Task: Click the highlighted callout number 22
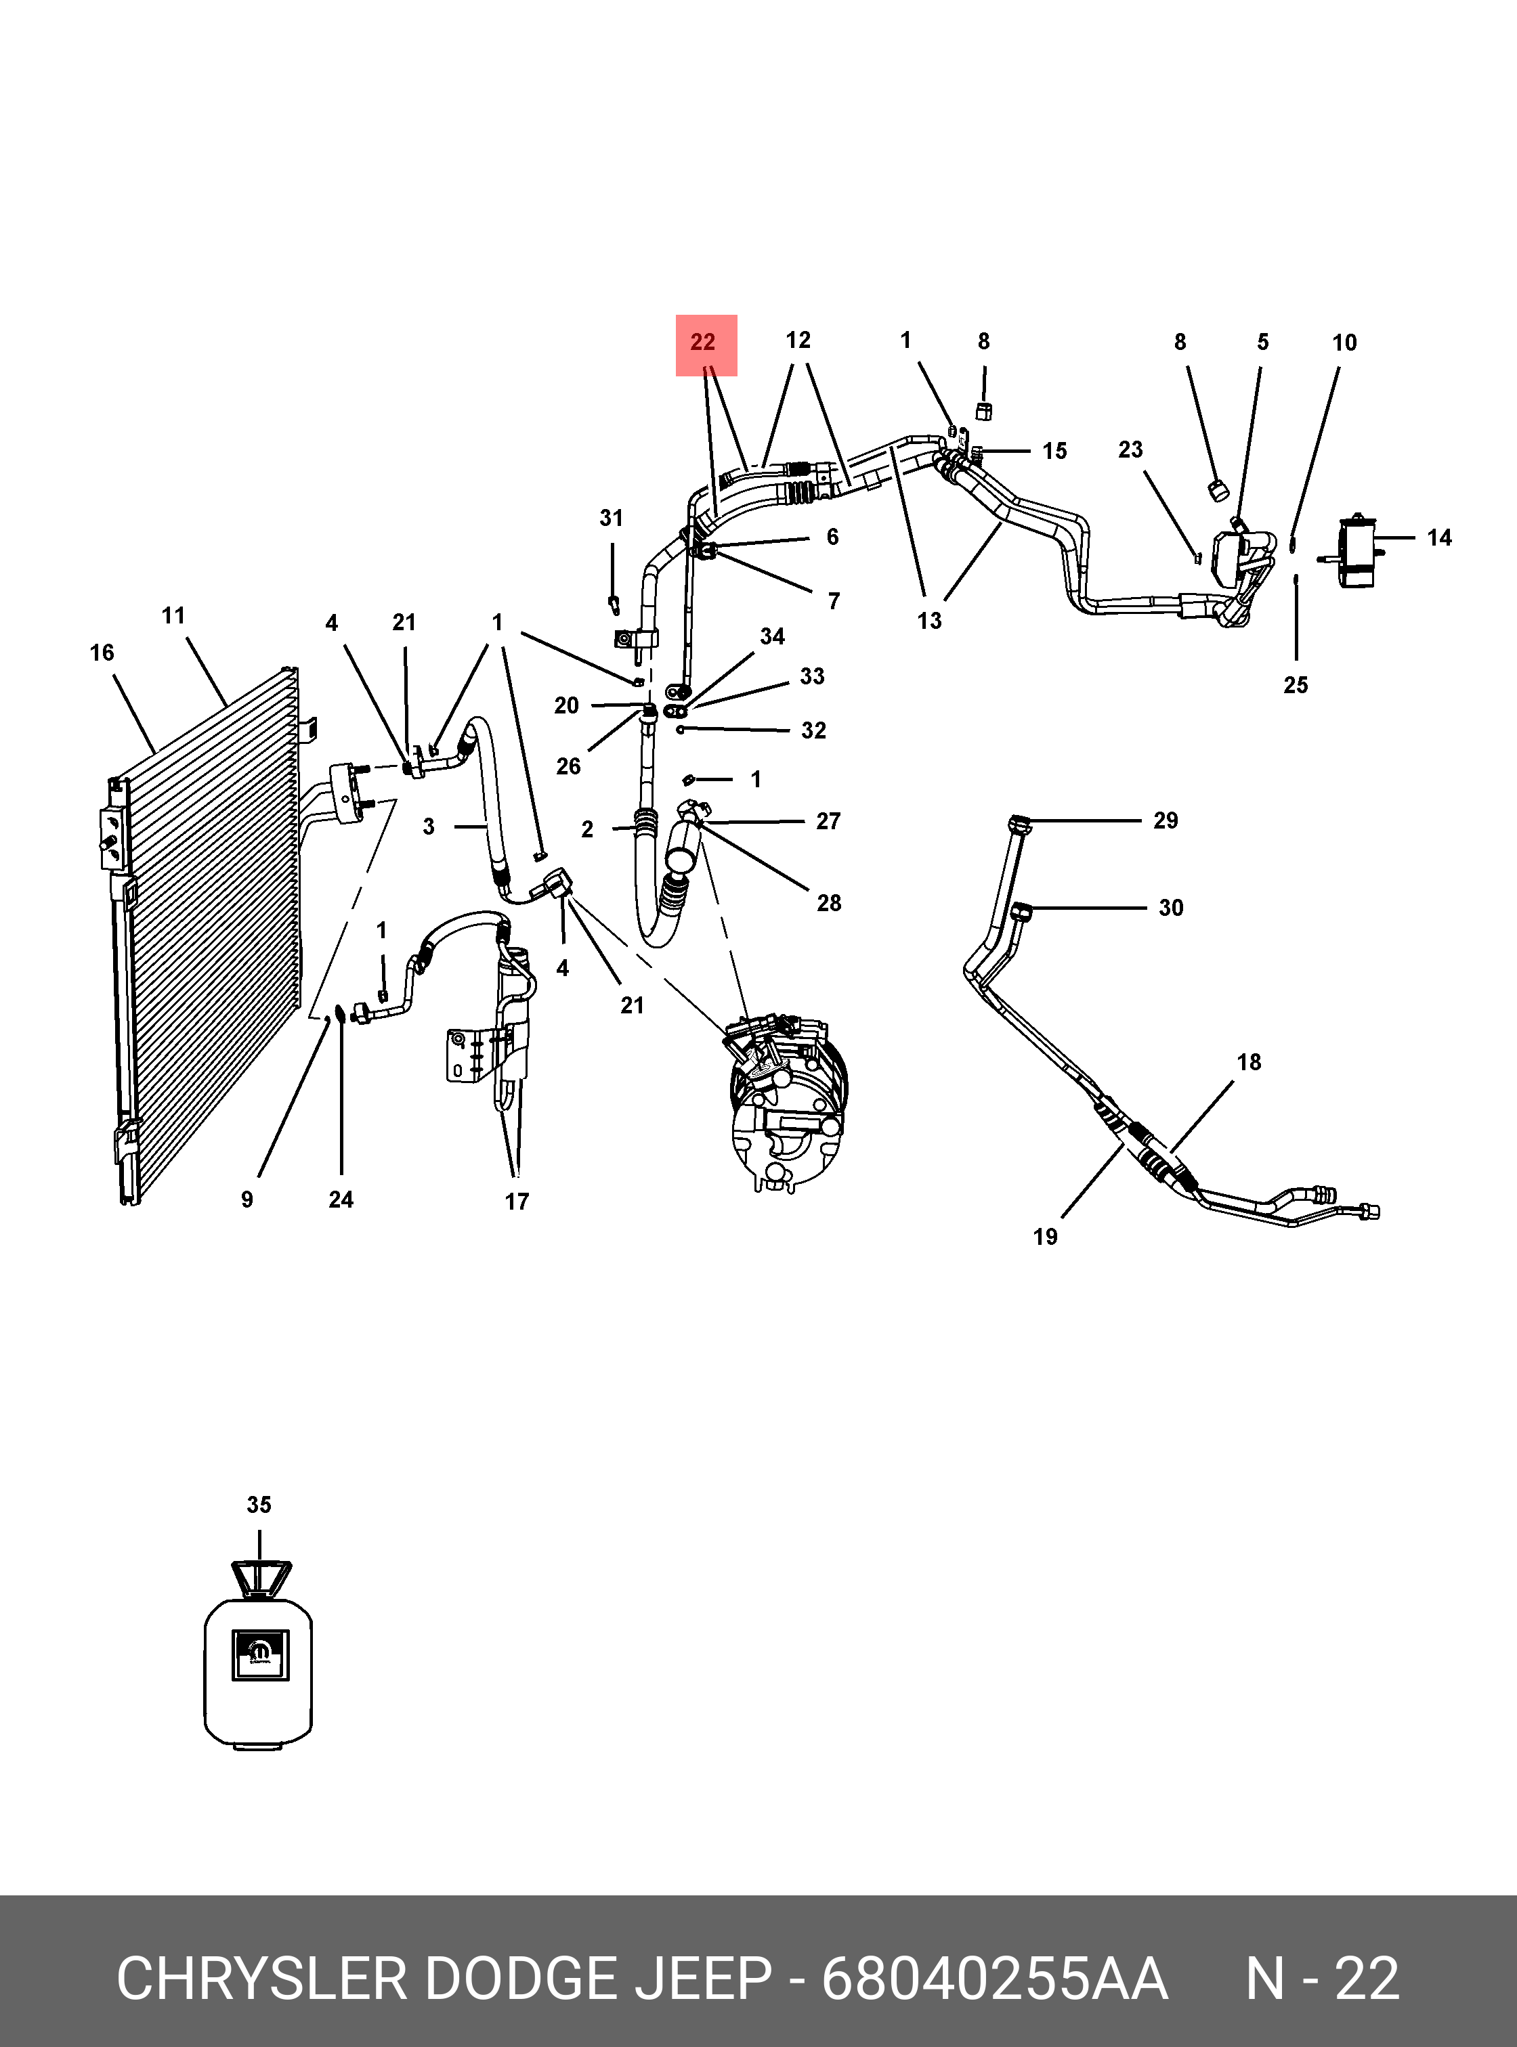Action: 704,343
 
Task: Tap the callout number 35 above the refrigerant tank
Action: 259,1505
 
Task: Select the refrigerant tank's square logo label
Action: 260,1654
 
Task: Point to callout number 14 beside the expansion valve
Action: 1439,538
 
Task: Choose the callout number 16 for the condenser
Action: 102,653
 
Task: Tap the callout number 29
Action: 1166,820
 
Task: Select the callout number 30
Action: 1171,908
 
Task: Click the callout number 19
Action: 1045,1237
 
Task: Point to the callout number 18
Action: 1249,1062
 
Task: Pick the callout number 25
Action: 1296,685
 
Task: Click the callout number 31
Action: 612,518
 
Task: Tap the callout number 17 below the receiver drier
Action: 517,1202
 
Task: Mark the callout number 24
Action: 341,1199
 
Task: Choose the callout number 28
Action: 828,903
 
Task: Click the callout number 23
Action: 1130,449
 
